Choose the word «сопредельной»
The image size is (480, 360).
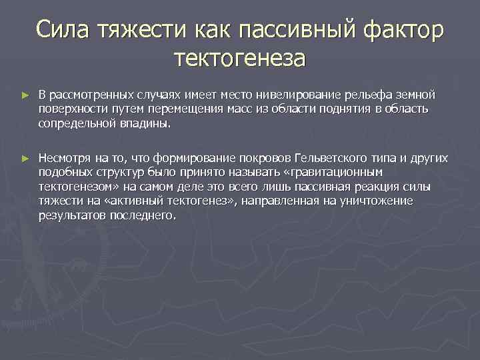(x=71, y=123)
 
